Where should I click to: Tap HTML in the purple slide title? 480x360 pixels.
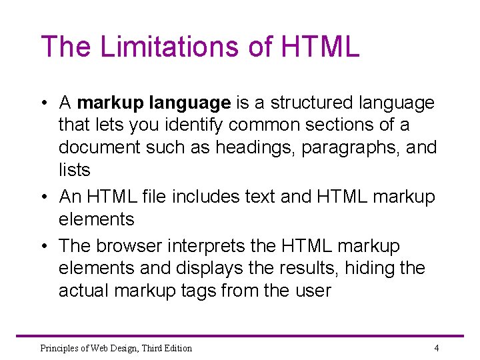point(320,47)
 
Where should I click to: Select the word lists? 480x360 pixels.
point(74,170)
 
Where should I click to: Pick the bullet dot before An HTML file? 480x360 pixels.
point(43,197)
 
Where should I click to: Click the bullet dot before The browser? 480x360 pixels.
point(43,247)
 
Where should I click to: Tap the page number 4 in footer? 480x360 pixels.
point(436,347)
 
